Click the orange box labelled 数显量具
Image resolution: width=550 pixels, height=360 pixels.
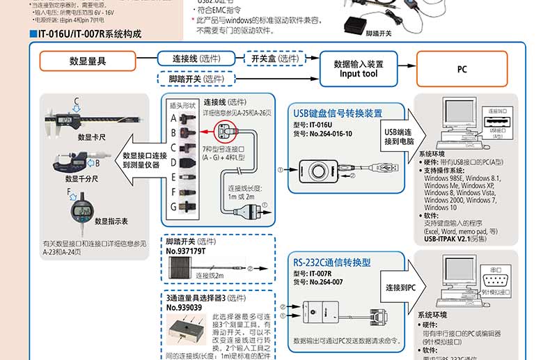tap(88, 61)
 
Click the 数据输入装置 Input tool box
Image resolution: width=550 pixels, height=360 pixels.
tap(359, 68)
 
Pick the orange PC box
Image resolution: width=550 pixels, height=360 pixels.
tap(462, 69)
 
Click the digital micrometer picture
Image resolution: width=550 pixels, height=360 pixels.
tap(77, 162)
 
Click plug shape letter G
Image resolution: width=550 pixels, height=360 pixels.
tap(173, 207)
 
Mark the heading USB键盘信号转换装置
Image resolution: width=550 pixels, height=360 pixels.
tap(338, 113)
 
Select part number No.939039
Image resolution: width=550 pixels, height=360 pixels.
tap(184, 307)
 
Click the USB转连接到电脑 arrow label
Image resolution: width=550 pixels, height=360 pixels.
tap(398, 136)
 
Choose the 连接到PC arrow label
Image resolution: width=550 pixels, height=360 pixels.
tap(401, 287)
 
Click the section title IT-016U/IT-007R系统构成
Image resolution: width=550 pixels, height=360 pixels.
tap(88, 33)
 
